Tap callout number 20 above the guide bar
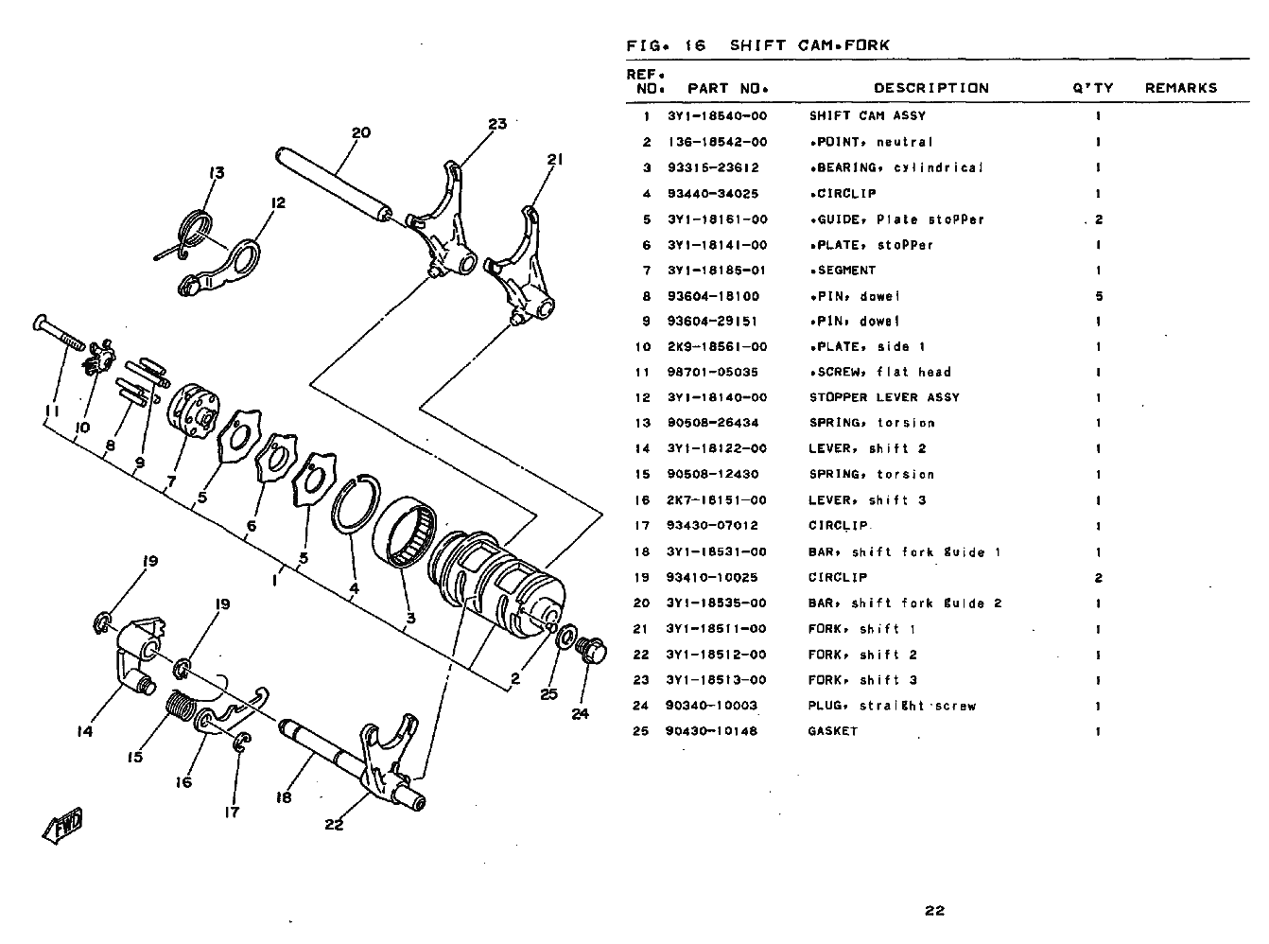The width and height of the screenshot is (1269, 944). click(361, 133)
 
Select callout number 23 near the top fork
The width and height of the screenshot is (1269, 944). click(497, 124)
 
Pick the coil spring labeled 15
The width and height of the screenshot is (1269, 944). click(181, 707)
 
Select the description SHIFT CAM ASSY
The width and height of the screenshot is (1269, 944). click(867, 116)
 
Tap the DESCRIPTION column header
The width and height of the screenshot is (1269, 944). click(930, 88)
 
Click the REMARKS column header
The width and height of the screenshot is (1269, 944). click(1180, 88)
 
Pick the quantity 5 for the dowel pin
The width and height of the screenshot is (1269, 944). click(1098, 296)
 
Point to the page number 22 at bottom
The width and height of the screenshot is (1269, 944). click(934, 911)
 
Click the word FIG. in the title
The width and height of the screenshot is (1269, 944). click(642, 44)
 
